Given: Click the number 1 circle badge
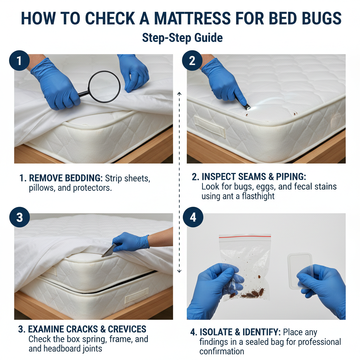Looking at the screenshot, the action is click(19, 60).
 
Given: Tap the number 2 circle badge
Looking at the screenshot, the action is click(192, 60).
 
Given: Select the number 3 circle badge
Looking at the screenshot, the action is click(20, 217).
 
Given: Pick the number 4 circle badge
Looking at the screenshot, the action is click(193, 217).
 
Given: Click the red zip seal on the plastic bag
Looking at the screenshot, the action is click(245, 237).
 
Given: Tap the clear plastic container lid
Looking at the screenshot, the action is click(300, 271).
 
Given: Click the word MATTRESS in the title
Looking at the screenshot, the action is click(192, 18).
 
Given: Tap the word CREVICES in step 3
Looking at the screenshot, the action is click(127, 329).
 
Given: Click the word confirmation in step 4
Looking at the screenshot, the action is click(221, 352).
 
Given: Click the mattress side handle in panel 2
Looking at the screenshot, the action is click(210, 127).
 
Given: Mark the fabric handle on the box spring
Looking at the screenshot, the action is click(137, 295).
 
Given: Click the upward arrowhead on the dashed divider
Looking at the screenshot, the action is click(179, 94).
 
